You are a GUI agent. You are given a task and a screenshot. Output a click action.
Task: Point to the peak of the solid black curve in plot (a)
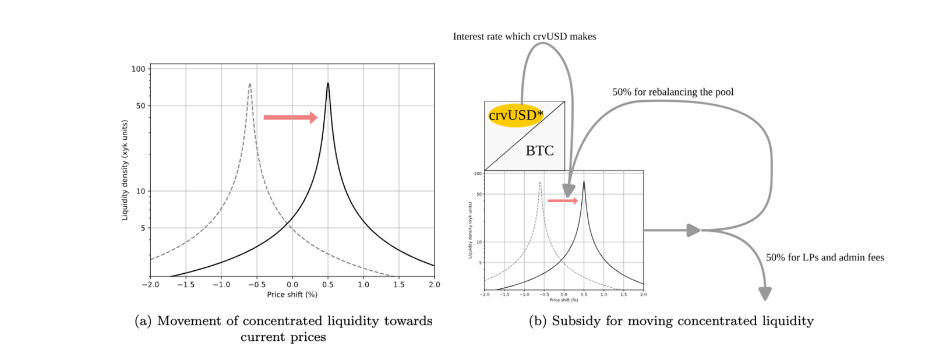328,84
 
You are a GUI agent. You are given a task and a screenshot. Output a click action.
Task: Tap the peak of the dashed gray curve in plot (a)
250,84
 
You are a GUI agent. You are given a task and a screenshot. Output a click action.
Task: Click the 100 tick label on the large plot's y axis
138,69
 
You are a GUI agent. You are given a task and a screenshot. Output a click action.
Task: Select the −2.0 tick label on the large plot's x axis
150,285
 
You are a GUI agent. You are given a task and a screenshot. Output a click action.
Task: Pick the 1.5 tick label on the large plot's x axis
399,285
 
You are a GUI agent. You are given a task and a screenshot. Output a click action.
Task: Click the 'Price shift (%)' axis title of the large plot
292,295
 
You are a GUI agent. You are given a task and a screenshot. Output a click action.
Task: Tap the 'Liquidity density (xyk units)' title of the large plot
125,170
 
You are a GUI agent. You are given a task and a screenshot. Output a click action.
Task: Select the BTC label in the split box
539,151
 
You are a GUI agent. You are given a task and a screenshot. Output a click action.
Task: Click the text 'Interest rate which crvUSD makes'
524,37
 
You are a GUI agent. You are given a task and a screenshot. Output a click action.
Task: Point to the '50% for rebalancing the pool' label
673,92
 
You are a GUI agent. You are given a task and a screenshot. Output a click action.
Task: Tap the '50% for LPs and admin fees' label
825,257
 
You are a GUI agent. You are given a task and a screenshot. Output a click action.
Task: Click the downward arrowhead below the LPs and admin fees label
765,294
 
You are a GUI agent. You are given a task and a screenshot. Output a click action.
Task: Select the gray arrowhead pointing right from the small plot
693,230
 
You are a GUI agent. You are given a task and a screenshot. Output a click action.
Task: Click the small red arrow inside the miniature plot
563,201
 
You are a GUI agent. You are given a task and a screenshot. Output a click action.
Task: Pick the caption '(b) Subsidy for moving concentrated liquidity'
671,321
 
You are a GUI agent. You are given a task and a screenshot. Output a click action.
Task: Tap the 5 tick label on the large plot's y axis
143,228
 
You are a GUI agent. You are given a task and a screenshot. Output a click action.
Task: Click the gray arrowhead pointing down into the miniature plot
569,190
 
